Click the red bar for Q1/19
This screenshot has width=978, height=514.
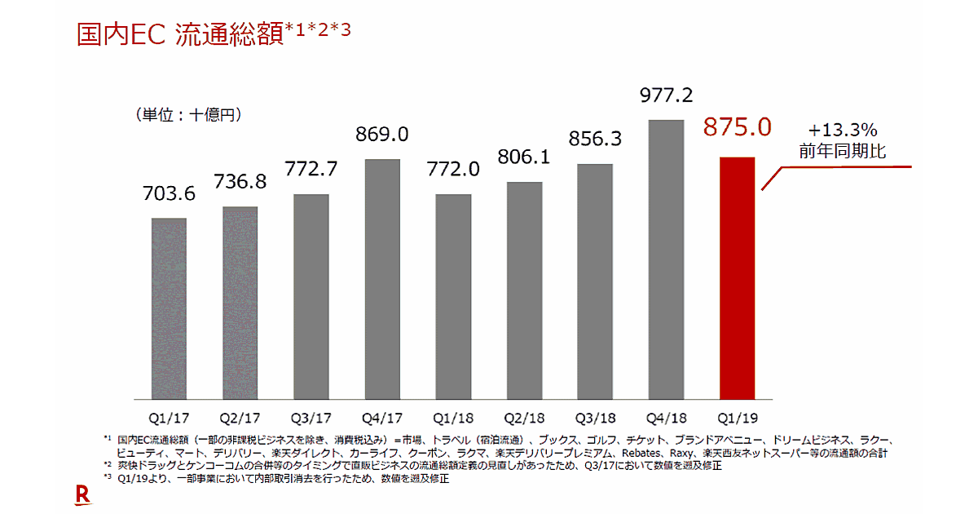click(x=738, y=277)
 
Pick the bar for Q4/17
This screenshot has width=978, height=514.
click(x=381, y=278)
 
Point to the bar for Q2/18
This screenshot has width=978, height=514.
click(x=525, y=290)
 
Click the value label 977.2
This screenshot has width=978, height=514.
click(x=666, y=95)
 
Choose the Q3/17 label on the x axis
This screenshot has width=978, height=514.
click(x=311, y=417)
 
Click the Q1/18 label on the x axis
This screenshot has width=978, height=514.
click(x=453, y=417)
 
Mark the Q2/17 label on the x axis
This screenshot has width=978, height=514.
click(x=240, y=417)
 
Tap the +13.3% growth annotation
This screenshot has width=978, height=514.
click(x=843, y=130)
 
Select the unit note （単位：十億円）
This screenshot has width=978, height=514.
click(x=189, y=116)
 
